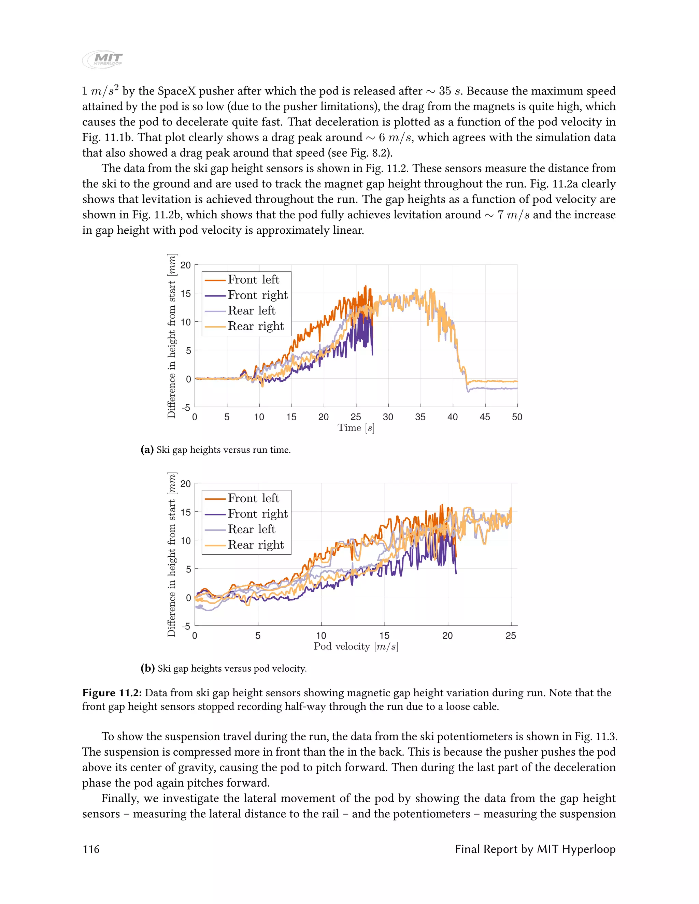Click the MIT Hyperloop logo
pyautogui.click(x=103, y=60)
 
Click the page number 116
pyautogui.click(x=91, y=849)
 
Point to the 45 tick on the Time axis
pyautogui.click(x=485, y=417)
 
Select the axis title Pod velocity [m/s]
pyautogui.click(x=356, y=646)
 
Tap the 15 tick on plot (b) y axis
pyautogui.click(x=186, y=512)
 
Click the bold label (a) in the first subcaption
pyautogui.click(x=147, y=450)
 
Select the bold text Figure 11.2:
pyautogui.click(x=112, y=693)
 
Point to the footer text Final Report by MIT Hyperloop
pyautogui.click(x=535, y=849)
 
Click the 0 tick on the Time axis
pyautogui.click(x=195, y=417)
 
